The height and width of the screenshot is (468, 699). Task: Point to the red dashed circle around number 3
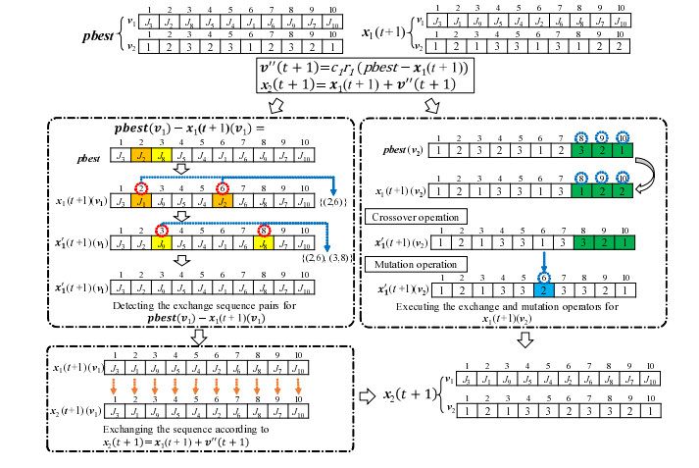(162, 232)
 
